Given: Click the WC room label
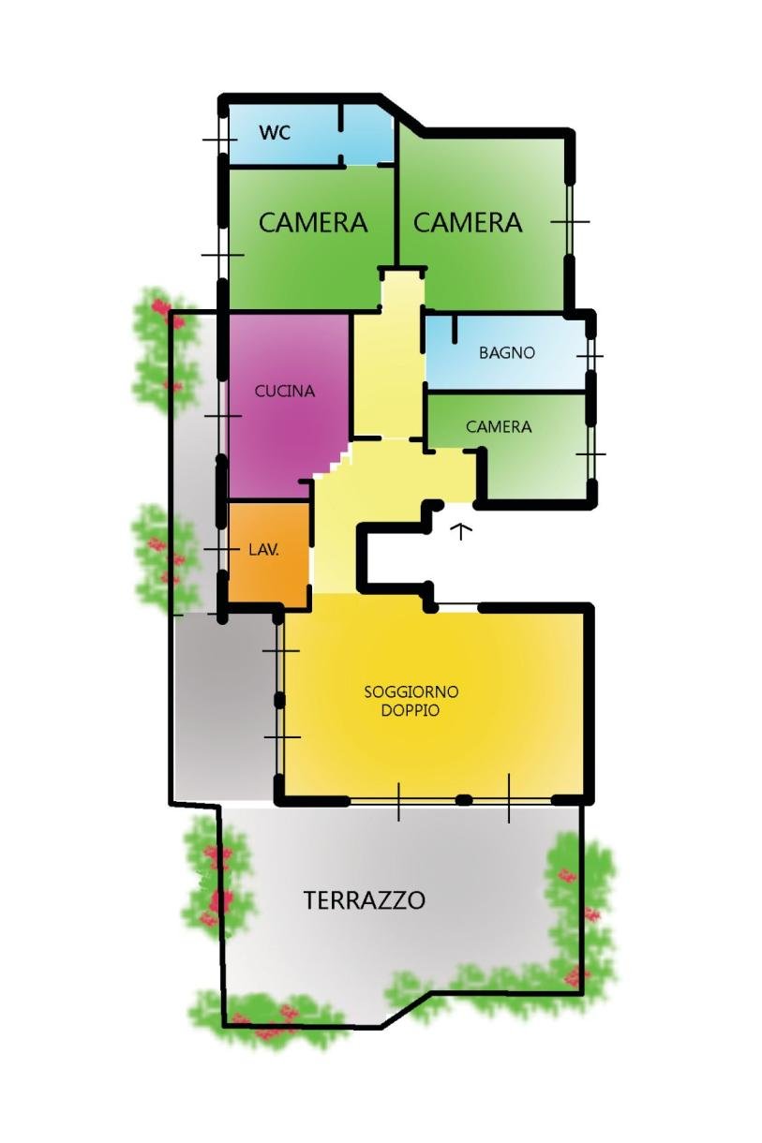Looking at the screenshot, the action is pos(275,133).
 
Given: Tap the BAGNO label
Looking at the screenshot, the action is pos(507,352).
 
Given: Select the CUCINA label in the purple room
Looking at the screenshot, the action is pos(285,392).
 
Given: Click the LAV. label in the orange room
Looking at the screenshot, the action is pos(264,550).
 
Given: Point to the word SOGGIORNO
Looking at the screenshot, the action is pos(411,692).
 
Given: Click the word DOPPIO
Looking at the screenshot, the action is pos(411,710).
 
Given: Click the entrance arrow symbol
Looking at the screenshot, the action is pos(461,530).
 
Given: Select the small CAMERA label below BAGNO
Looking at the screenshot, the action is pos(499,426).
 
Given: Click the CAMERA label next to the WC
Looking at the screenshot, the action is pos(313,222).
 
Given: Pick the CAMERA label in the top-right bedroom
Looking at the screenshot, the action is pos(468,222).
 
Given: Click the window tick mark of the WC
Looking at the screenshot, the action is pos(220,139).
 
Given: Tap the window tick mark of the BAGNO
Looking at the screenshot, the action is pos(590,356).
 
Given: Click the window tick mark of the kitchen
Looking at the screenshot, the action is pos(222,416).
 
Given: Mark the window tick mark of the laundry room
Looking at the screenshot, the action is pos(221,549).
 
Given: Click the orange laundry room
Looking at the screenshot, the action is pos(268,553).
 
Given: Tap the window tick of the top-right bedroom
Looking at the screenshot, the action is pos(570,222).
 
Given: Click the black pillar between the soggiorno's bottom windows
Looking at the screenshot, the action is pos(464,799).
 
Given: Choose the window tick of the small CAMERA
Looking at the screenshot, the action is pos(591,453).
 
